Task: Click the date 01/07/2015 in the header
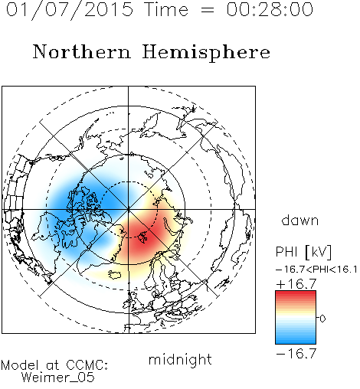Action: point(70,10)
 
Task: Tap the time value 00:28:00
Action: point(270,9)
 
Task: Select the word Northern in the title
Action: point(82,51)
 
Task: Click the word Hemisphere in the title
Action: point(206,53)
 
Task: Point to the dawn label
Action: point(300,220)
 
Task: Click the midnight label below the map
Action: point(180,360)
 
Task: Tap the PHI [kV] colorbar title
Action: point(303,252)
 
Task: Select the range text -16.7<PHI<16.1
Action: point(316,270)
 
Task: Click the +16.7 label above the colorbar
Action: point(296,284)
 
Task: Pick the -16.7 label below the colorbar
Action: point(296,353)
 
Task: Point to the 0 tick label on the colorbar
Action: point(322,319)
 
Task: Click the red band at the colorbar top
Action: point(296,295)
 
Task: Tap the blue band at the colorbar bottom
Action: point(296,340)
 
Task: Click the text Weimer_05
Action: point(58,378)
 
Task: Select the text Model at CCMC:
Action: point(54,365)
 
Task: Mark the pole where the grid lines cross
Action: point(128,209)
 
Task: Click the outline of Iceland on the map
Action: point(115,274)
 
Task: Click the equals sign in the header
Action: point(207,10)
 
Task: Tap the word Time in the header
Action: point(166,9)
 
